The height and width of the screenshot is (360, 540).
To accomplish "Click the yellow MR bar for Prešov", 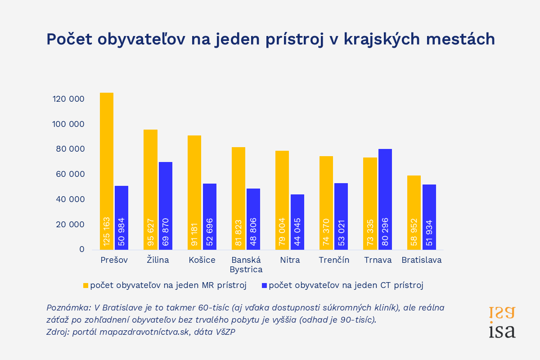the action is point(107,171).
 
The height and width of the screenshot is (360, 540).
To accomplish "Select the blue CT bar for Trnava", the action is point(385,199).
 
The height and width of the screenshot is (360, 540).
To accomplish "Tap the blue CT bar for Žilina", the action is point(166,206).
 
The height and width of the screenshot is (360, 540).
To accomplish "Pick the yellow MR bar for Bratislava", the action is point(414,213).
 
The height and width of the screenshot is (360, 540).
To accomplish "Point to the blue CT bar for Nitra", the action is point(297,222).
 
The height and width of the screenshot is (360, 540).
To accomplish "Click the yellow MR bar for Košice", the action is point(194,193).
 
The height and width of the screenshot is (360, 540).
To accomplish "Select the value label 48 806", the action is point(253,232).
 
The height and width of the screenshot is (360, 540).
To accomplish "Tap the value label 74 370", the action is point(326,232).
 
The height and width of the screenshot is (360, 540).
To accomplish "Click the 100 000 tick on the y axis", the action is point(68,124).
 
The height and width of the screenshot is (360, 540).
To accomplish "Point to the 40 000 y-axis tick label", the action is point(70,199).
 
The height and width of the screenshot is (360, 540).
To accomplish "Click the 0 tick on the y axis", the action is point(82,249).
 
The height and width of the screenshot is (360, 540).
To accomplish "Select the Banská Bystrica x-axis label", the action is point(246,265).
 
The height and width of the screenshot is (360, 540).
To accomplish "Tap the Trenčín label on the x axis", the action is point(334,260).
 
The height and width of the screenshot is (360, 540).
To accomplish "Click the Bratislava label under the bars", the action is point(421,260).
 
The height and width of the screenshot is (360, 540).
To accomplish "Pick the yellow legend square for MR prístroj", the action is point(85,285).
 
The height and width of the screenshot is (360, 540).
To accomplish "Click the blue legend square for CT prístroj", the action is point(264,285).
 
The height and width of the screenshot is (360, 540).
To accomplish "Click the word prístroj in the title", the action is point(294,40).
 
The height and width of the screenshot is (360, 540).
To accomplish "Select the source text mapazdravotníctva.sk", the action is point(144,332).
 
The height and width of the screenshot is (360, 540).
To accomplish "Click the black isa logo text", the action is point(502,331).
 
